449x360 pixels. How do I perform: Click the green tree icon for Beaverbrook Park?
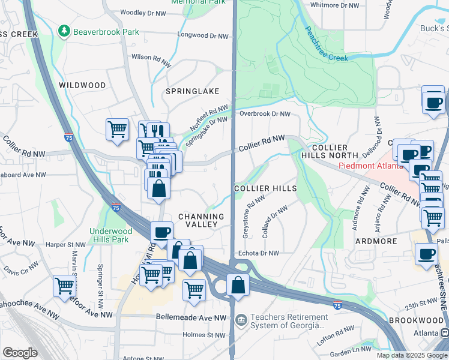pos(64,31)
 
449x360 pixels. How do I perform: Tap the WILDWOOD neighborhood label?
pos(82,85)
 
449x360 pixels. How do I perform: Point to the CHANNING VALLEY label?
pos(201,220)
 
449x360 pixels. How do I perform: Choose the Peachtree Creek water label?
pos(326,44)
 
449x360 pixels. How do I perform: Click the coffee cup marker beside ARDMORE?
pos(426,254)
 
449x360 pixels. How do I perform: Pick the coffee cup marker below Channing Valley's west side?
pos(161,232)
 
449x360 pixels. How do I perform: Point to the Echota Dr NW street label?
pos(259,253)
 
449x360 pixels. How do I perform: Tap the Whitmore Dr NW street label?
pos(334,5)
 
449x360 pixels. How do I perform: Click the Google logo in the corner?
pos(20,353)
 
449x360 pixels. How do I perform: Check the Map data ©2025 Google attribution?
pos(412,355)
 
